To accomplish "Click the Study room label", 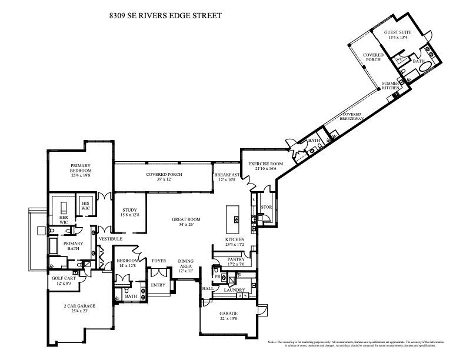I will [129, 210].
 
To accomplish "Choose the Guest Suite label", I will [398, 32].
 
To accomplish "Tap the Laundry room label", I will [234, 289].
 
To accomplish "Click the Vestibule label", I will [110, 239].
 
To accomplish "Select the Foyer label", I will [159, 261].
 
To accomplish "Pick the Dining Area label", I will [186, 263].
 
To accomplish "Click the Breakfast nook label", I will [227, 175].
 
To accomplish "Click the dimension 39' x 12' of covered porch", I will [164, 179].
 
